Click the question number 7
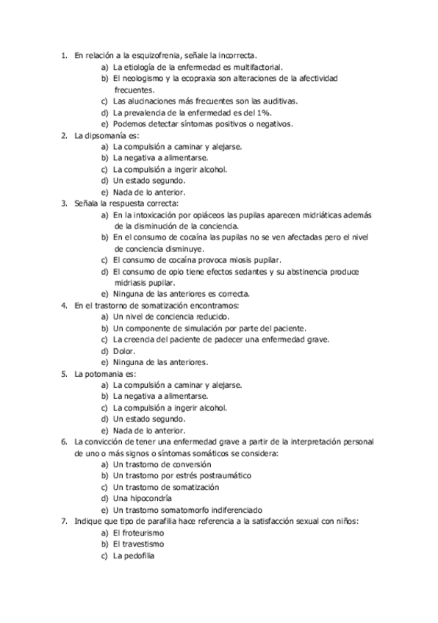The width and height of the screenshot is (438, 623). tap(64, 521)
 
